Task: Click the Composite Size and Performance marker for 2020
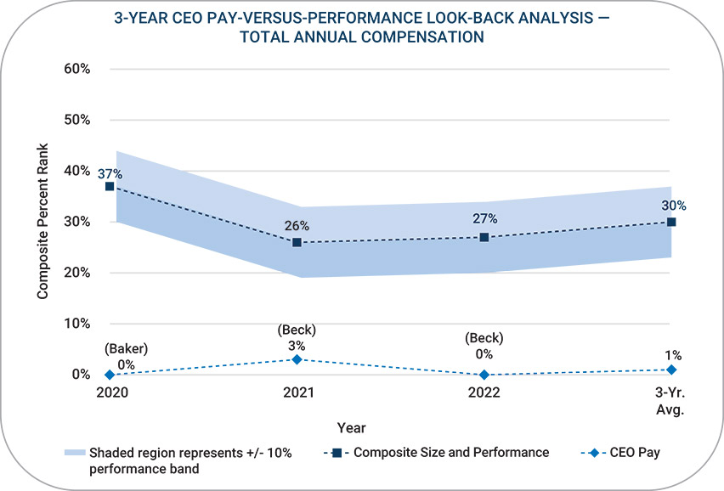point(110,186)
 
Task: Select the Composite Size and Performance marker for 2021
point(297,242)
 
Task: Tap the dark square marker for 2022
point(484,237)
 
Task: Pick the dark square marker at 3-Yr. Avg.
point(671,222)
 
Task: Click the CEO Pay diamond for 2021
point(297,359)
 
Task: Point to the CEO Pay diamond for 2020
point(110,375)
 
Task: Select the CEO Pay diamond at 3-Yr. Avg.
point(671,370)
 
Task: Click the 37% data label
point(110,174)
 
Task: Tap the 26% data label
point(297,226)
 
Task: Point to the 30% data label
point(674,206)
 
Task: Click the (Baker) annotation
point(127,347)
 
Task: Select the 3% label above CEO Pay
point(297,345)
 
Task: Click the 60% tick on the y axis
point(77,69)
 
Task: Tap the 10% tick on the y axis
point(77,324)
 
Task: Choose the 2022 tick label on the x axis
point(484,393)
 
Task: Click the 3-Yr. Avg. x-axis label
point(670,401)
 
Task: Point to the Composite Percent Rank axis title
point(42,222)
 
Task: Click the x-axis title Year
point(351,427)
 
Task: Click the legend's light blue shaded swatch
point(74,453)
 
